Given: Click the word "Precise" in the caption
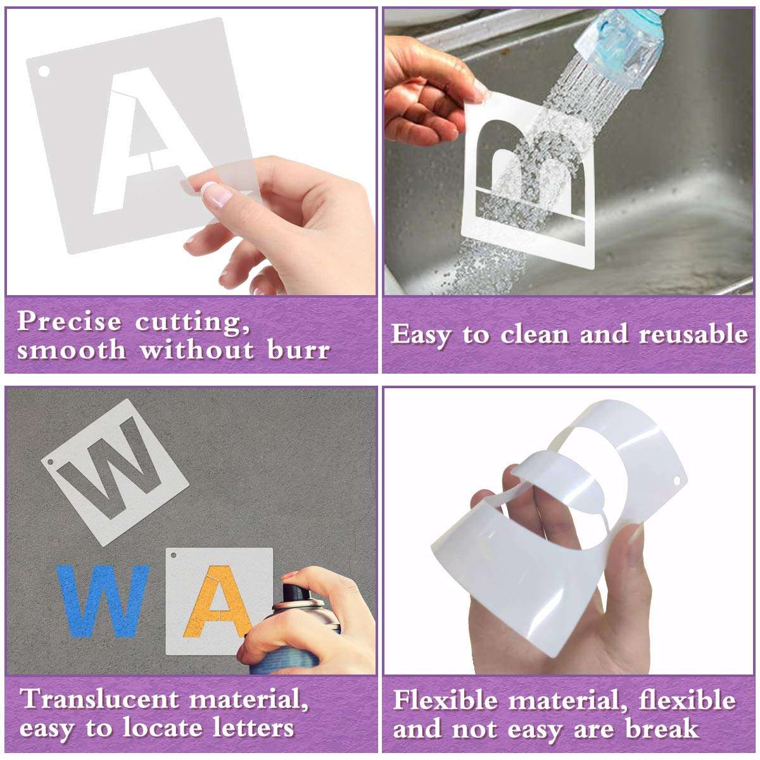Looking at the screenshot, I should [x=69, y=322].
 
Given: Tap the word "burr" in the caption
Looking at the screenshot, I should [x=298, y=350].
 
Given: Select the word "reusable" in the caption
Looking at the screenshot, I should [x=693, y=334].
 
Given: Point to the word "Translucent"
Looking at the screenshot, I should [x=101, y=699].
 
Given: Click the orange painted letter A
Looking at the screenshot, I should [x=218, y=609].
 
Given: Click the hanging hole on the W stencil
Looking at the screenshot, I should [x=50, y=467].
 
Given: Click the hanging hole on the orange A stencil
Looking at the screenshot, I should [x=174, y=556].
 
